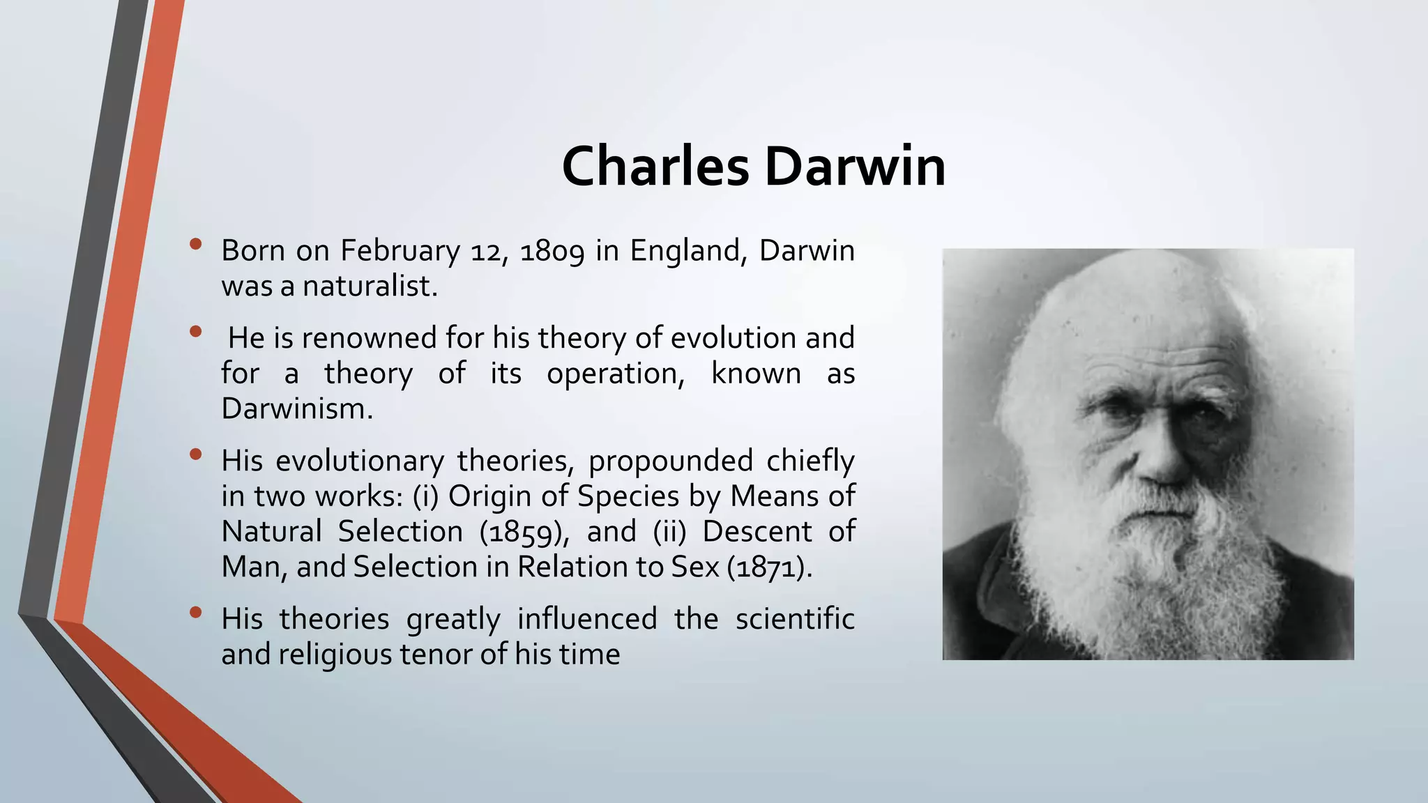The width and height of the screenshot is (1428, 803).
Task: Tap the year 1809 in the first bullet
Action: [552, 251]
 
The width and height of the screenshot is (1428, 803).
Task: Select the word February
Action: [400, 251]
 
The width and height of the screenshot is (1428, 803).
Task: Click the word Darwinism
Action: [297, 409]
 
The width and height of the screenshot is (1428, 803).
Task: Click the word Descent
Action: [757, 532]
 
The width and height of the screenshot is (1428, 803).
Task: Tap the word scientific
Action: [795, 619]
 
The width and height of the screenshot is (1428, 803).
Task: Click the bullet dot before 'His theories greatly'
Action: [195, 613]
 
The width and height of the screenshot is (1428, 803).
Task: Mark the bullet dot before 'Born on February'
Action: [195, 245]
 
